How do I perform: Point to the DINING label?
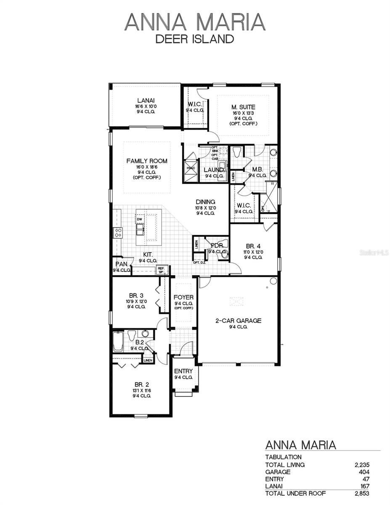tap(205, 202)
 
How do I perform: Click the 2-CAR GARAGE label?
tap(238, 321)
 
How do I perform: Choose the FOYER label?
tap(183, 298)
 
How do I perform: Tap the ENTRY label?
tap(183, 371)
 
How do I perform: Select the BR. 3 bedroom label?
tap(136, 295)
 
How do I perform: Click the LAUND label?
tap(213, 170)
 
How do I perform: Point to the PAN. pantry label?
tap(118, 264)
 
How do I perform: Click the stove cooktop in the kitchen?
tap(118, 233)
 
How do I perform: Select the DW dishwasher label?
tap(139, 219)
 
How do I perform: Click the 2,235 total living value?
tap(362, 465)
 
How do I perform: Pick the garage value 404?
tap(364, 472)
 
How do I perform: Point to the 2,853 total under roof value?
tap(362, 493)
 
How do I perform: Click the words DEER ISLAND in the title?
tap(194, 39)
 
